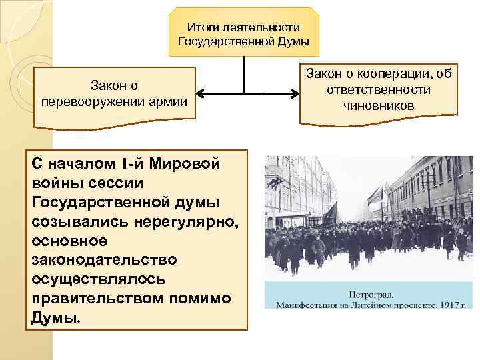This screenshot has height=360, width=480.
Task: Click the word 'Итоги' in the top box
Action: click(202, 27)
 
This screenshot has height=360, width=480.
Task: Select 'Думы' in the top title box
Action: click(292, 42)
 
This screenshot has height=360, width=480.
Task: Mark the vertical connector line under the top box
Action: click(244, 73)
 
